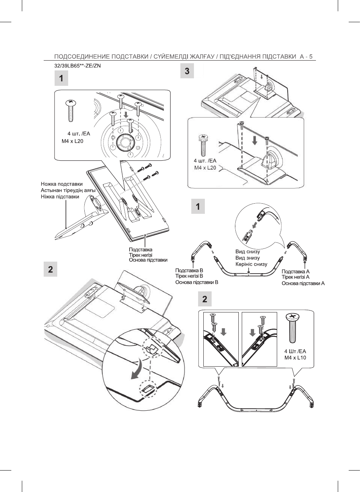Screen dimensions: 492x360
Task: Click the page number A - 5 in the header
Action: pos(306,56)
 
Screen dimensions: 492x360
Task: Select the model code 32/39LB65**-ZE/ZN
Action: pos(78,65)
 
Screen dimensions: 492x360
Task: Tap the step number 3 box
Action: pos(187,71)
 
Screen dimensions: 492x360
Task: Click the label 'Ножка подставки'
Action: pos(62,184)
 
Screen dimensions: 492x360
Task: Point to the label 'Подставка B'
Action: pos(189,270)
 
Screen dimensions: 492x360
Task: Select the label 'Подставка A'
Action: pos(296,271)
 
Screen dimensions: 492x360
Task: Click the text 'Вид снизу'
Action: pos(247,251)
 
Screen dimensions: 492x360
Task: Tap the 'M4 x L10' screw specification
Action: pos(295,358)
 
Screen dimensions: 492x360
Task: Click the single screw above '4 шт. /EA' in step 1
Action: pos(70,111)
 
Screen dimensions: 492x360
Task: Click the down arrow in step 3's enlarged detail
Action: pos(255,140)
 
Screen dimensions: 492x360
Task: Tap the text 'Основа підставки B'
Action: pos(197,282)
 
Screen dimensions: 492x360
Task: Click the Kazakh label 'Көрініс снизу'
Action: pos(251,264)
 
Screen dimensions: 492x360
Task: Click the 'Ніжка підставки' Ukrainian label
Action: pos(60,197)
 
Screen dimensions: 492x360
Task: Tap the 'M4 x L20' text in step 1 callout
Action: pos(72,141)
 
